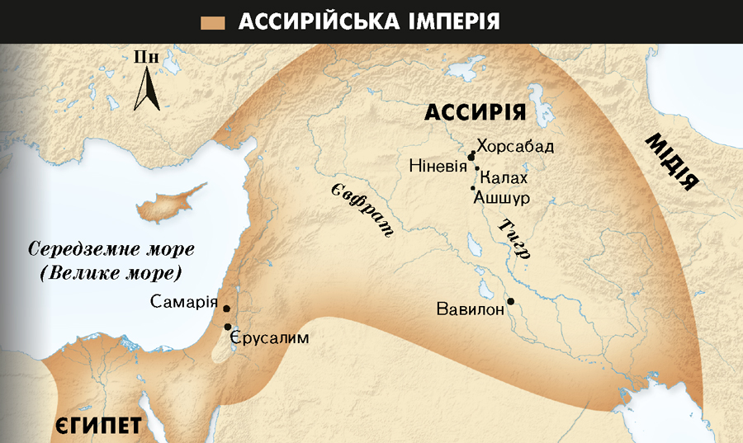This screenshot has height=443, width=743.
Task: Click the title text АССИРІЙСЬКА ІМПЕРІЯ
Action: coord(369,21)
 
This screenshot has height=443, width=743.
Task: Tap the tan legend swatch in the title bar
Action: coord(214,21)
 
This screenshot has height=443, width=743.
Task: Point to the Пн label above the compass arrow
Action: coord(146,57)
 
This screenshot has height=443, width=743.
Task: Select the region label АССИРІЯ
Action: coord(475,113)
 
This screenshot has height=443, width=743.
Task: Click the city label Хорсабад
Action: coord(515,147)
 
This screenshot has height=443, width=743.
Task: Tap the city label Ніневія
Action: coord(438,166)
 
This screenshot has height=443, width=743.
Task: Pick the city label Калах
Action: coord(503,178)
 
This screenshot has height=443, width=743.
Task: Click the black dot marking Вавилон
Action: coord(511,301)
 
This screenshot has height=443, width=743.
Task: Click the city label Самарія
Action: coord(184,302)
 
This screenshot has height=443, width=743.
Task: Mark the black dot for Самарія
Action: coord(226,309)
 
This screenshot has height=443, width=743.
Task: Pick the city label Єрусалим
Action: coord(269,337)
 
